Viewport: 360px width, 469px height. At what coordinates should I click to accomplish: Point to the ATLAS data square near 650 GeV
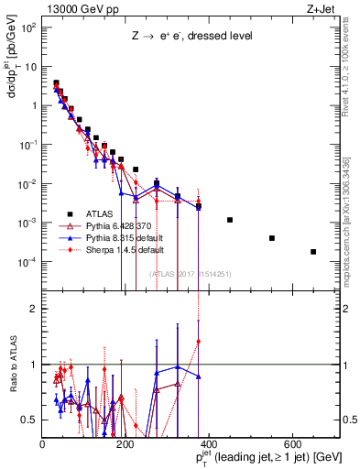pyautogui.click(x=313, y=252)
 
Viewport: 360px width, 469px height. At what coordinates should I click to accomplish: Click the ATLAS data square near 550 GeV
pyautogui.click(x=272, y=238)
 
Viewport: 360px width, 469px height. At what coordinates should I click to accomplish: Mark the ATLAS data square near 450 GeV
pyautogui.click(x=230, y=220)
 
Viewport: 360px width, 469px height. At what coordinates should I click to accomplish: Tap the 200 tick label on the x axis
pyautogui.click(x=126, y=444)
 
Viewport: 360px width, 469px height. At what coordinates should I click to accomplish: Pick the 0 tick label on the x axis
pyautogui.click(x=43, y=444)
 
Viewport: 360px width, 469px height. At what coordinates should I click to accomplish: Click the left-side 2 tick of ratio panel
pyautogui.click(x=34, y=309)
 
